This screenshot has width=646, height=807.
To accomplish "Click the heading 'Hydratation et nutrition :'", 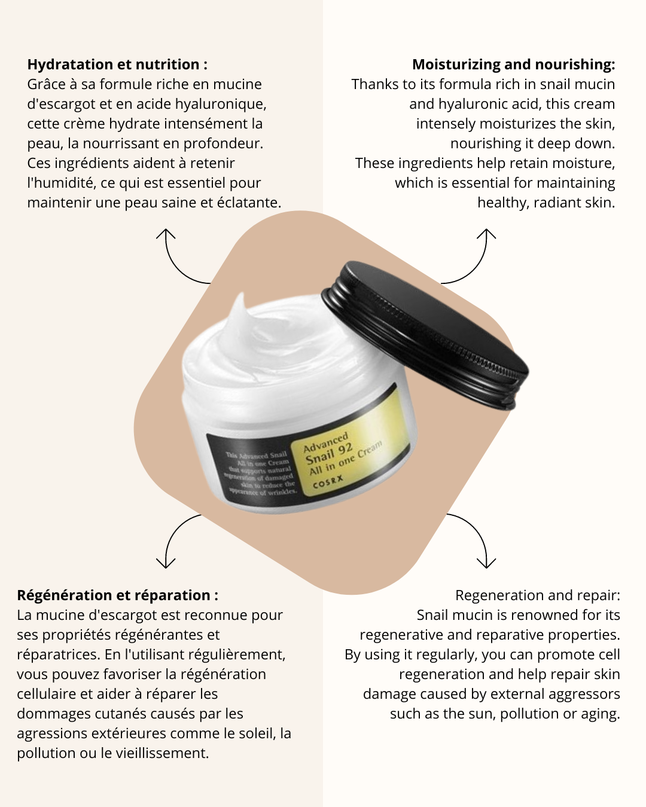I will click(117, 65).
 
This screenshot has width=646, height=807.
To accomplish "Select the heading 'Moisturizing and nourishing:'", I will click(513, 65).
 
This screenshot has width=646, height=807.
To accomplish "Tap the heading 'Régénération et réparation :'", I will click(117, 595).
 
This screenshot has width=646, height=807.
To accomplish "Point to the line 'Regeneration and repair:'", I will click(537, 595).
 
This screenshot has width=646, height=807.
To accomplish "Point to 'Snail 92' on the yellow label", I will click(329, 455).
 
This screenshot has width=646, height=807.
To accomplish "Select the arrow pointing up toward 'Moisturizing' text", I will click(473, 257).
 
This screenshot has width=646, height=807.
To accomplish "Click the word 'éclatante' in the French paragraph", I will click(249, 203).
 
